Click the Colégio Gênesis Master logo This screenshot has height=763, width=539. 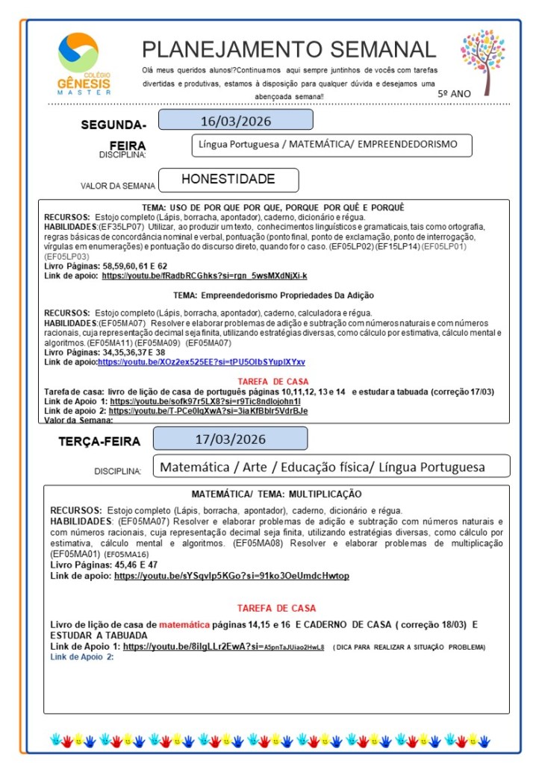83,63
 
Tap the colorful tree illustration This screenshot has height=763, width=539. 482,60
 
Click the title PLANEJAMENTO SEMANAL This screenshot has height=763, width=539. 289,50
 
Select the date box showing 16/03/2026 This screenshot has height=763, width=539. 235,120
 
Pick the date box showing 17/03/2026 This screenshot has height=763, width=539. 230,439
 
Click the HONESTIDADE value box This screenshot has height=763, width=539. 228,180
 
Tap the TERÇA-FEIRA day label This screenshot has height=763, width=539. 99,442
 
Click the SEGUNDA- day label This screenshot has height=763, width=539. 113,125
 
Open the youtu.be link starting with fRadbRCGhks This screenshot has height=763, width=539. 204,276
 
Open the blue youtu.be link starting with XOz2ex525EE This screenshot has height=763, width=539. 201,362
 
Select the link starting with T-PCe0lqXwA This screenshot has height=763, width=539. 208,411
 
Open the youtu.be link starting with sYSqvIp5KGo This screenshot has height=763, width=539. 231,577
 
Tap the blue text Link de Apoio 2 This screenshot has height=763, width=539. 81,656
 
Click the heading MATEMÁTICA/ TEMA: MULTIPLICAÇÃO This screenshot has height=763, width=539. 276,494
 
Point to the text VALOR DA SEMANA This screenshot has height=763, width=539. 118,186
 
